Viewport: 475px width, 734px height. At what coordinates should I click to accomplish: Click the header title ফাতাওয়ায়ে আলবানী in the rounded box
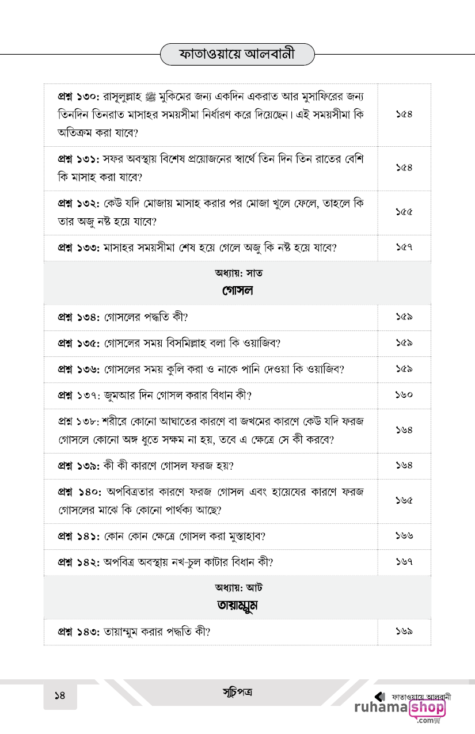click(237, 55)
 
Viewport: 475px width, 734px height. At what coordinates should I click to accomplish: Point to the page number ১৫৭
click(404, 248)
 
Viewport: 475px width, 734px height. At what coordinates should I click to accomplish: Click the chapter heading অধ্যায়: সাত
click(237, 273)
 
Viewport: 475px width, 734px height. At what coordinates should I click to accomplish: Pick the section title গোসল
click(237, 291)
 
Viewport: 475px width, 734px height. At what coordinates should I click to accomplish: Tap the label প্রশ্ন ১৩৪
click(79, 317)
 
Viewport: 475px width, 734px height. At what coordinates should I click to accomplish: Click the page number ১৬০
click(404, 395)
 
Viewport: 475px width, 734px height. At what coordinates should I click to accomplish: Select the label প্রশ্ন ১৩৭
click(79, 395)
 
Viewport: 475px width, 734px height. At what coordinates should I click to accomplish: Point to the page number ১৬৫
click(404, 501)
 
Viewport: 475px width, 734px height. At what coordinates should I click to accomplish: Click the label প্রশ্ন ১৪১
click(79, 537)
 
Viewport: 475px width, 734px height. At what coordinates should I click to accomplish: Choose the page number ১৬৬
click(404, 537)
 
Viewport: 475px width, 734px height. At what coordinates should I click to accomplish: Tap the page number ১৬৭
click(404, 562)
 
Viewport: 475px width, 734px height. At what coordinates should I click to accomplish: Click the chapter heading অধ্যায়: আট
click(237, 588)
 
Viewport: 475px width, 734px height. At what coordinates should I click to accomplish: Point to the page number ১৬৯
click(404, 632)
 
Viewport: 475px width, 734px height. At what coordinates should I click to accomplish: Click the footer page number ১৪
click(60, 695)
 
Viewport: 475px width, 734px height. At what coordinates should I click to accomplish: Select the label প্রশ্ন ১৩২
click(79, 204)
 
